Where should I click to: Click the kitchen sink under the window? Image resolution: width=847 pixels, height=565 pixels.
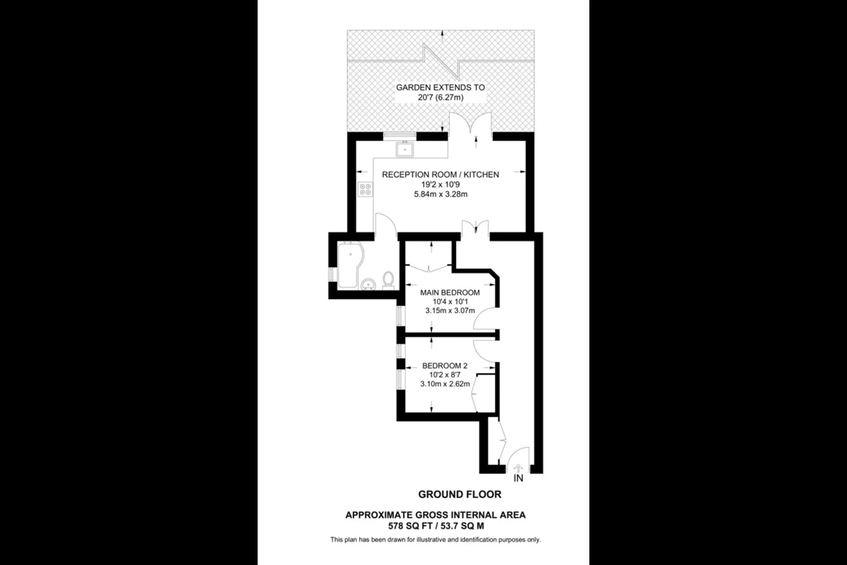(x=405, y=149)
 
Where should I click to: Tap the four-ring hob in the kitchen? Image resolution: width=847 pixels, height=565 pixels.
(x=365, y=190)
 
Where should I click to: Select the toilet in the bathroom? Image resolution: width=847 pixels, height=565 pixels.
(x=388, y=280)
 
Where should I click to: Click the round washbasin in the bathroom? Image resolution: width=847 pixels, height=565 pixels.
(x=368, y=284)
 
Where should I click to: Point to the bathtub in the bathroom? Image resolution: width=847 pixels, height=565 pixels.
(x=350, y=264)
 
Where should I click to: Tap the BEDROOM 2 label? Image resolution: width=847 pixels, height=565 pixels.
(x=445, y=366)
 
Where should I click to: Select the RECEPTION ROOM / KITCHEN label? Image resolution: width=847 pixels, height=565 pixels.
(x=441, y=174)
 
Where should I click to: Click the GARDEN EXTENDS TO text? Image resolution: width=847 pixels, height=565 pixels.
(x=441, y=88)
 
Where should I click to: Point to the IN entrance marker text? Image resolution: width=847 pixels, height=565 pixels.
(x=518, y=478)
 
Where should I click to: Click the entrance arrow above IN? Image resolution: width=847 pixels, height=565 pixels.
(x=518, y=468)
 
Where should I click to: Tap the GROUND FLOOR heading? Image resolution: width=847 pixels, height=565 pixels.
(x=460, y=494)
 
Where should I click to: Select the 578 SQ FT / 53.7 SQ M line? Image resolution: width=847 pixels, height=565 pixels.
(x=436, y=526)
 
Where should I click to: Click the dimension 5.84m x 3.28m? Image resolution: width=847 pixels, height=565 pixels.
(x=441, y=195)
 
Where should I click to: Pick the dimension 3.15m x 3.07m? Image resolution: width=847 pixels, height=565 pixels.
(x=450, y=311)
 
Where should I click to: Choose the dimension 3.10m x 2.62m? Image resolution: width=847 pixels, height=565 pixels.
(x=445, y=384)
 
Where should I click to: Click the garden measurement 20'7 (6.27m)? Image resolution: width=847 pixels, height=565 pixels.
(x=441, y=98)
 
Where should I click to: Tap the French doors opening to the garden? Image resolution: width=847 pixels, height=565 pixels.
(x=471, y=125)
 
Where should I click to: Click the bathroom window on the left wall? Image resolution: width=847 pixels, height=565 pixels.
(x=331, y=274)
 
